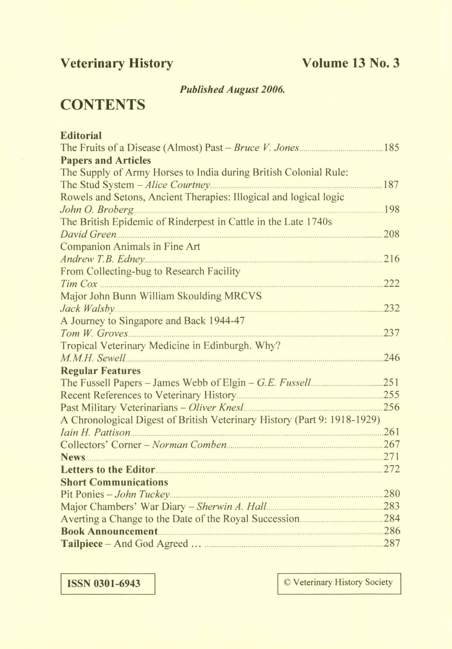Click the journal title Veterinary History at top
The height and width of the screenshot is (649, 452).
coord(117,64)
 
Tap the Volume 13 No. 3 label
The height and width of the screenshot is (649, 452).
coord(351,63)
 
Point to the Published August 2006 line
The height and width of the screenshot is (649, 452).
coord(232,90)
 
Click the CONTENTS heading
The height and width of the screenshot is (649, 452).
coord(103,105)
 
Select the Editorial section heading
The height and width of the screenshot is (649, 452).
coord(81,135)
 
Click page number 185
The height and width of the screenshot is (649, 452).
coord(391,148)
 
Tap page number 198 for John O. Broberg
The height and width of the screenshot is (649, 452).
coord(392,209)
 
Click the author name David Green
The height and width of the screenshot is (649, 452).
coord(88,234)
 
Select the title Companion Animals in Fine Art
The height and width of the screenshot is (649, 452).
coord(130,246)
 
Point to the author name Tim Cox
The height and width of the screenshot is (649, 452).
coord(79,284)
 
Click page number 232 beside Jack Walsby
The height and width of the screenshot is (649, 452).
coord(392,308)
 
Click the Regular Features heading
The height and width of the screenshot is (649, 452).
coord(100,370)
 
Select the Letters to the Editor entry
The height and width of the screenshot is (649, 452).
coord(108,469)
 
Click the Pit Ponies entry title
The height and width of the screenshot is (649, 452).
coord(82,494)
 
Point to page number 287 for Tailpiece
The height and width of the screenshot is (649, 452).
coord(392,543)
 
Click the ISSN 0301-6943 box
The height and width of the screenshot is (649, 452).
coord(108,584)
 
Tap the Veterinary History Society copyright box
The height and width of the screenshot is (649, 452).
coord(339,583)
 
